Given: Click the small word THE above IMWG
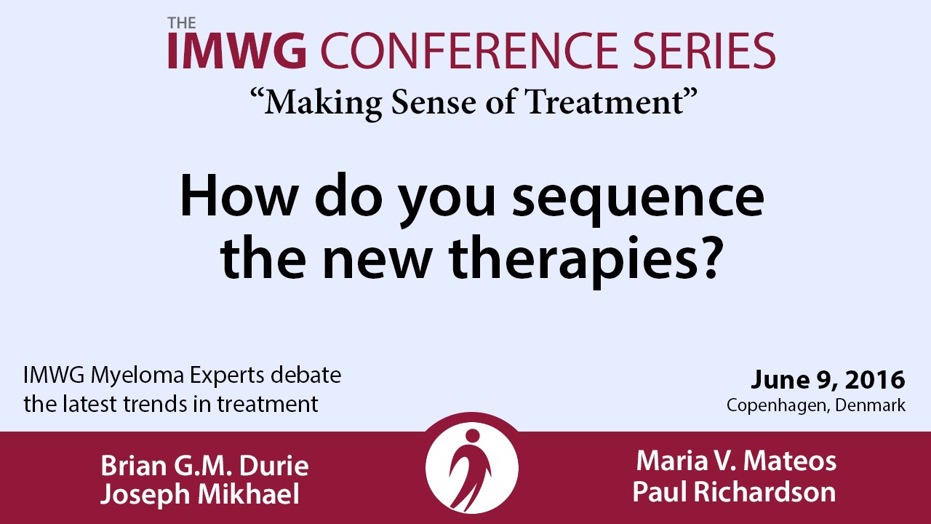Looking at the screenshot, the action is click(182, 23).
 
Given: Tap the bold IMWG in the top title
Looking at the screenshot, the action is click(237, 50).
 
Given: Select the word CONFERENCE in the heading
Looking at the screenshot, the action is click(470, 50).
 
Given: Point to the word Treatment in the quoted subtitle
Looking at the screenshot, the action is click(604, 102).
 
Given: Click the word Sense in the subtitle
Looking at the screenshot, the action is click(433, 102).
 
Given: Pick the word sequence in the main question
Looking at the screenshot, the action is click(638, 197).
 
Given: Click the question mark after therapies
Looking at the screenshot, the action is click(708, 257).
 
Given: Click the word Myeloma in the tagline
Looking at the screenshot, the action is click(137, 376).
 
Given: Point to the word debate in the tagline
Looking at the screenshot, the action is click(306, 375).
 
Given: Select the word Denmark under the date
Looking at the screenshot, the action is click(871, 405).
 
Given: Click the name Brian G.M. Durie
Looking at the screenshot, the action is click(204, 465).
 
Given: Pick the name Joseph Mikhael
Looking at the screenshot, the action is click(200, 494).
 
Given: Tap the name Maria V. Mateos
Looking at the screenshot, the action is click(736, 461).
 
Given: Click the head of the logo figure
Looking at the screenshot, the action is click(472, 435).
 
